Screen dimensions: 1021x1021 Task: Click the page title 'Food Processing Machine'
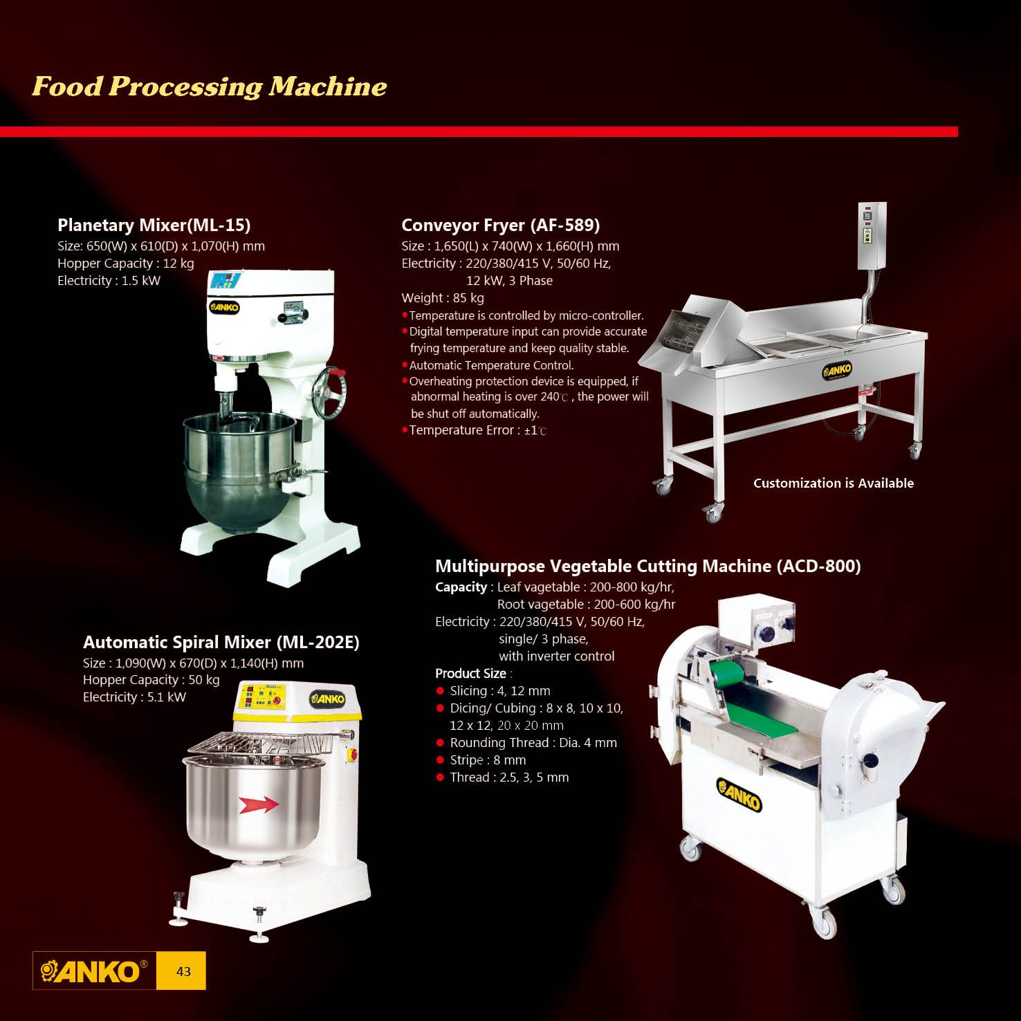click(x=209, y=86)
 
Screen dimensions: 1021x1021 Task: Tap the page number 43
click(x=183, y=971)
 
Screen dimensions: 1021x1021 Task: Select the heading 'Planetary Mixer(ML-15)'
click(x=154, y=226)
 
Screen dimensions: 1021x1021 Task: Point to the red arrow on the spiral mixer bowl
click(x=258, y=804)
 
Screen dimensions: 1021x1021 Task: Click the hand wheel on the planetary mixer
click(x=329, y=392)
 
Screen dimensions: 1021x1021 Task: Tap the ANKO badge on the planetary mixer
click(x=224, y=307)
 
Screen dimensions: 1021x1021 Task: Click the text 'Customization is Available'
click(x=833, y=484)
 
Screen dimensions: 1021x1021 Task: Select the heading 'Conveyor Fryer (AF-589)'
click(x=500, y=226)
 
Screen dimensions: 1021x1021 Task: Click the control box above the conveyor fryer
click(x=872, y=236)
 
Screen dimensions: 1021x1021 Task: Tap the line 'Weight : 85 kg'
click(x=443, y=298)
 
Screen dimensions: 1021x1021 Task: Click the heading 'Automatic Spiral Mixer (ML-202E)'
click(x=221, y=643)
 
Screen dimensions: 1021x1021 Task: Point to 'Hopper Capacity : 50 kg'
click(x=151, y=680)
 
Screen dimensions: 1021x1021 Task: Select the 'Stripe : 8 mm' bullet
click(x=488, y=760)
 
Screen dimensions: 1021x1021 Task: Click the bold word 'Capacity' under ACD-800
click(x=461, y=587)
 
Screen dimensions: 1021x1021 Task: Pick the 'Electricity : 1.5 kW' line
click(x=109, y=281)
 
